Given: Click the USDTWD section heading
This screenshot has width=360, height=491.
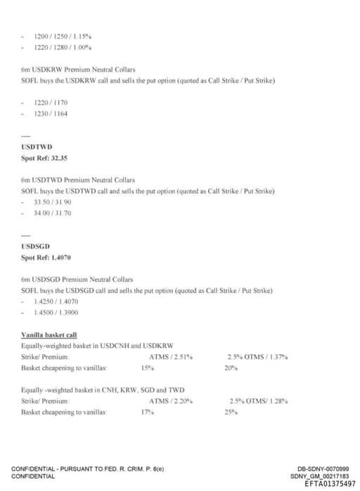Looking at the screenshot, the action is [37, 147].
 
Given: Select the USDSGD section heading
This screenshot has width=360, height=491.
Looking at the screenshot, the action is [35, 246].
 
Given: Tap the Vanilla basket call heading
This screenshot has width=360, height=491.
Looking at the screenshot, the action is [49, 336].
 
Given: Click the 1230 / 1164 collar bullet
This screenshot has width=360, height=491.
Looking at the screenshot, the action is [51, 113].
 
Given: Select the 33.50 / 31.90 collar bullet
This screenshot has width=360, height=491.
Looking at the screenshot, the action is [53, 202].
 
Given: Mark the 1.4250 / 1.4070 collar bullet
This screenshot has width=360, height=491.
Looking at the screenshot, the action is [56, 301].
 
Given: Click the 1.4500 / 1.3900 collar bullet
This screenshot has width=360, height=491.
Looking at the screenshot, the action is [56, 313].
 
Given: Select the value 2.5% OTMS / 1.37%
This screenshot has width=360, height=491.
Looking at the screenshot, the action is [257, 358].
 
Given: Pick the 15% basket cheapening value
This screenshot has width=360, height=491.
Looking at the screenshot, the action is [147, 368].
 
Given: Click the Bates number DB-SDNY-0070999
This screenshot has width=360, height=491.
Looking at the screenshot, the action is [323, 469].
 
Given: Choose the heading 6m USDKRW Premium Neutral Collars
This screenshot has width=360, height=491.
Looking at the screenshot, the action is [79, 70].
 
